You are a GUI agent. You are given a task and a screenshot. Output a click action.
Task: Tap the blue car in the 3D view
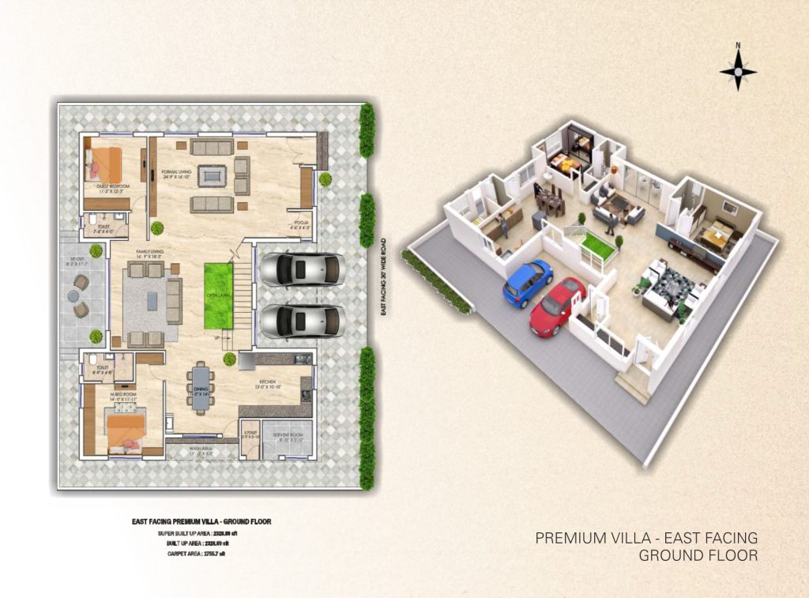click(527, 282)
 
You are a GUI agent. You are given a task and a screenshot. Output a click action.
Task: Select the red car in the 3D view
click(557, 305)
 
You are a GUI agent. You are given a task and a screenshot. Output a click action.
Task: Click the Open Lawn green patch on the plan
click(218, 296)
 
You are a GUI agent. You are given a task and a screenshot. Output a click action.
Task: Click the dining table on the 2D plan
click(201, 388)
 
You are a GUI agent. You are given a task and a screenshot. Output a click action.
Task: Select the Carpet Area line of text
click(197, 554)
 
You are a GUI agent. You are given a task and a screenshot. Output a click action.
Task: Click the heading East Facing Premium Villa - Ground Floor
click(197, 522)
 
